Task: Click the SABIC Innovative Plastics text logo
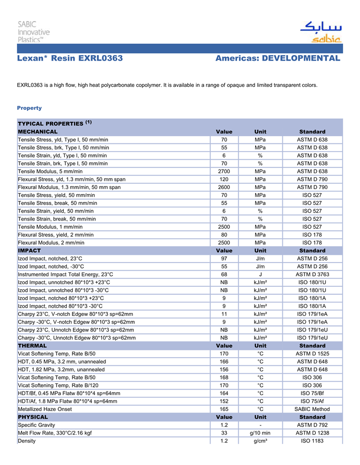click(x=33, y=32)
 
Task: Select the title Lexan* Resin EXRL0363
click(x=70, y=59)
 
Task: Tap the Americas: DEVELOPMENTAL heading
click(x=278, y=59)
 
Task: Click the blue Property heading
click(x=29, y=108)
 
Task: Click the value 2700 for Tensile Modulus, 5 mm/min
click(x=224, y=171)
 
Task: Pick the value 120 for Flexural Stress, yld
click(x=224, y=179)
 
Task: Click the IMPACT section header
click(x=29, y=251)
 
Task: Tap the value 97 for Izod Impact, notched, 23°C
click(x=224, y=258)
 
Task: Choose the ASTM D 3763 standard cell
click(x=312, y=274)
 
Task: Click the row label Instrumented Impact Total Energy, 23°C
click(x=65, y=274)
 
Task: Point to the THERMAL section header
click(x=32, y=346)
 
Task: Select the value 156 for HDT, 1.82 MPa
click(x=224, y=369)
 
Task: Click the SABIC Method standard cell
click(x=312, y=410)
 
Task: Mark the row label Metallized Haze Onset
click(x=47, y=410)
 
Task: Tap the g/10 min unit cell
click(x=260, y=433)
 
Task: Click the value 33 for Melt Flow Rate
click(x=224, y=433)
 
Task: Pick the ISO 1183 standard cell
click(x=312, y=441)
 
